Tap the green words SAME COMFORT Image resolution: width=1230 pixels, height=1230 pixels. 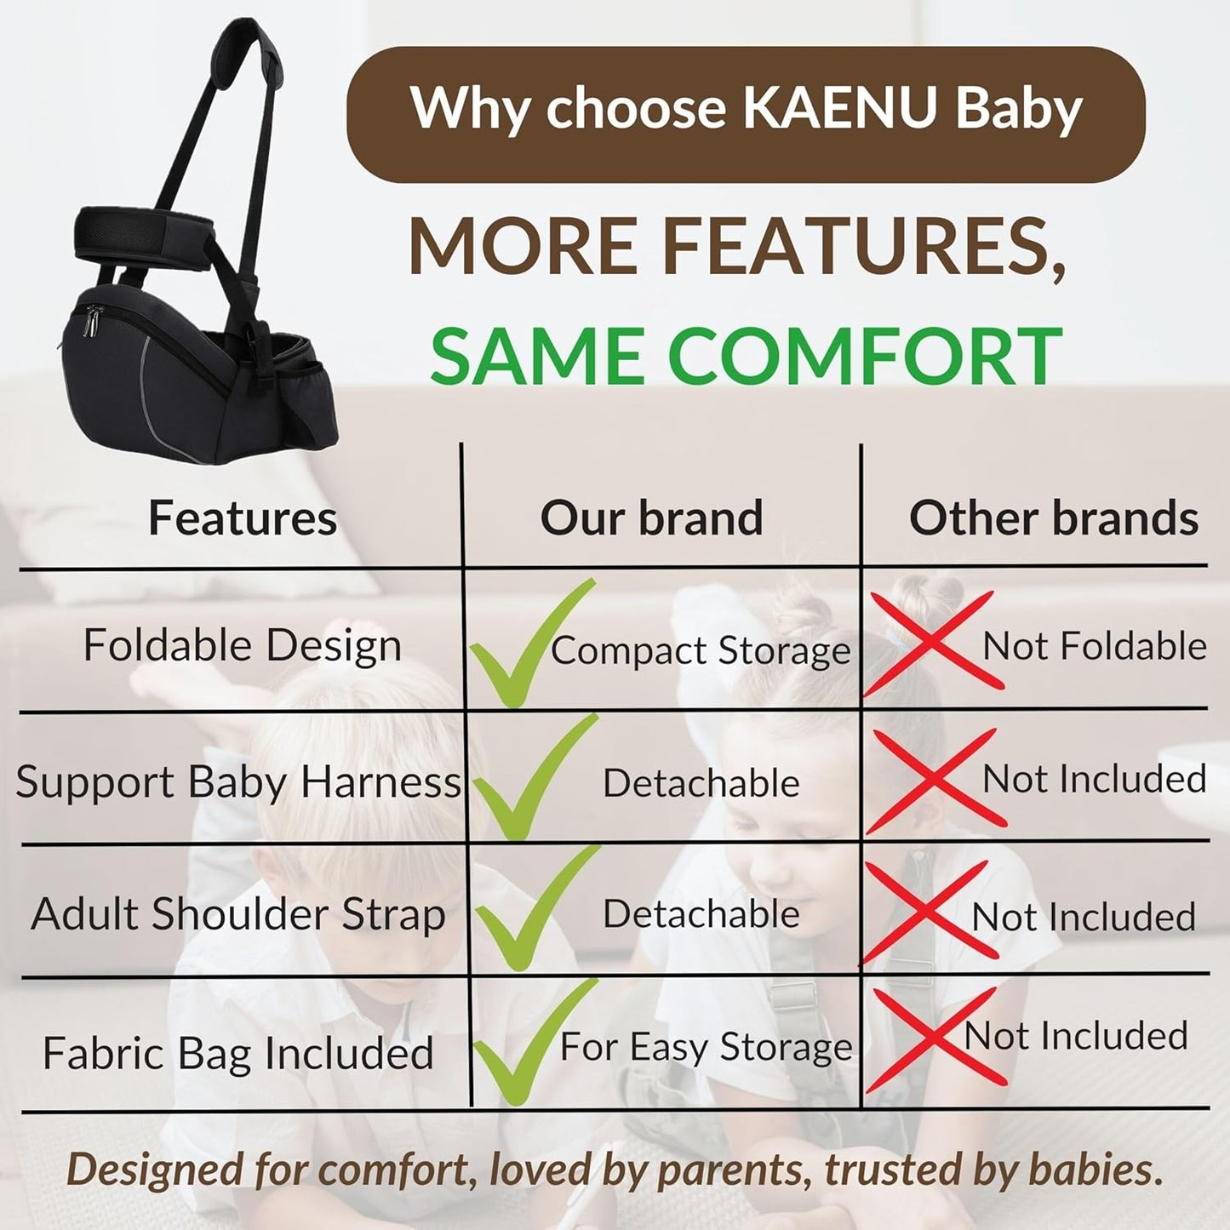[x=746, y=355]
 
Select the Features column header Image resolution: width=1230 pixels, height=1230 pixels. [x=243, y=518]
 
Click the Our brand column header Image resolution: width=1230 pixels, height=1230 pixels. [x=651, y=518]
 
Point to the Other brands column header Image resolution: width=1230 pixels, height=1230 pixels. [x=1054, y=518]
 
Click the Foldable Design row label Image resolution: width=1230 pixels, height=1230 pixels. [x=243, y=645]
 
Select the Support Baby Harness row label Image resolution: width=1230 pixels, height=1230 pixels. [x=237, y=781]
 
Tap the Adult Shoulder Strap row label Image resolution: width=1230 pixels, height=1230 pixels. [x=238, y=915]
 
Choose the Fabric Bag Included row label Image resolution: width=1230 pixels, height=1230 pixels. [x=238, y=1053]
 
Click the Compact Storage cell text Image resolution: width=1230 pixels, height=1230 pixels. [x=701, y=651]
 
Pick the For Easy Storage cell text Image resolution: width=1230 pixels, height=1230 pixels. [x=706, y=1047]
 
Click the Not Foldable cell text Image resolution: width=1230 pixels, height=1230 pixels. [x=1095, y=646]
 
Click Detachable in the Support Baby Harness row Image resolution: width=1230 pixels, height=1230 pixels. [x=701, y=783]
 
